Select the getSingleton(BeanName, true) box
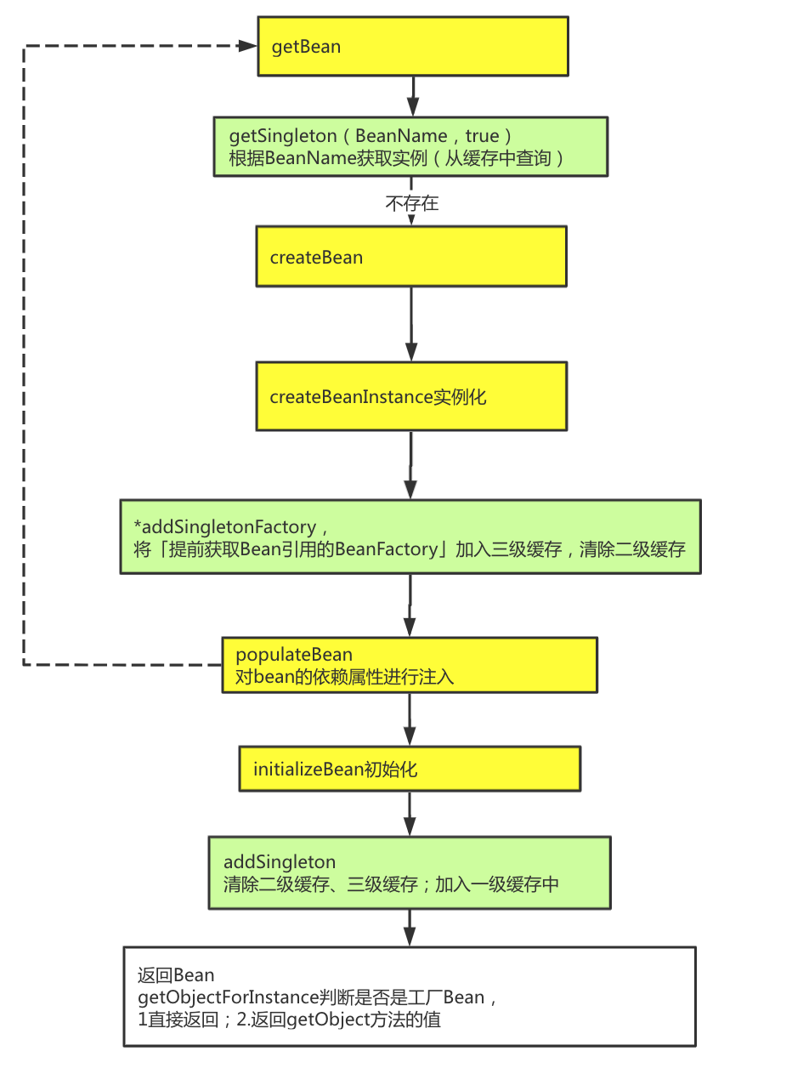tap(410, 146)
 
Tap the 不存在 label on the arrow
tap(412, 204)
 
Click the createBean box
tap(411, 256)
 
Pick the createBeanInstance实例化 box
tap(411, 396)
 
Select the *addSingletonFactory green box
tap(410, 537)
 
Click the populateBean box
tap(410, 665)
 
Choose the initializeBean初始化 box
tap(410, 769)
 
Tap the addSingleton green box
tap(410, 872)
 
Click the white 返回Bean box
tap(409, 996)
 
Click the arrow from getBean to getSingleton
tap(412, 96)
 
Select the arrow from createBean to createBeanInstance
tap(411, 324)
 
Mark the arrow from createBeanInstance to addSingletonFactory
tap(410, 464)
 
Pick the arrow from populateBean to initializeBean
tap(410, 720)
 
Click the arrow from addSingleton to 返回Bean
tap(410, 927)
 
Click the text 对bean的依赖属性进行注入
tap(345, 677)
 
